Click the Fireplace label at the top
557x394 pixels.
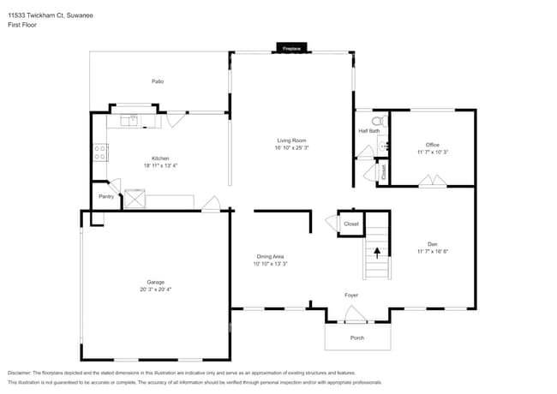click(291, 49)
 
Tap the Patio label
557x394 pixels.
click(158, 81)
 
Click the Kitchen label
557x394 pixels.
click(160, 158)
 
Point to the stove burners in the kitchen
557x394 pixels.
click(100, 153)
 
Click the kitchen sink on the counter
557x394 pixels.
click(131, 121)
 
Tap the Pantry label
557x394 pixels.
click(106, 197)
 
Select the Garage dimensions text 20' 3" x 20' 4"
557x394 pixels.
click(155, 290)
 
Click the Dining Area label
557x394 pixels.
click(270, 256)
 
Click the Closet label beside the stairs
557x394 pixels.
click(351, 224)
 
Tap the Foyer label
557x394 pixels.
click(351, 295)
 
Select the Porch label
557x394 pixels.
click(357, 337)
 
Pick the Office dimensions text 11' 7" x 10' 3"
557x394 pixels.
click(433, 152)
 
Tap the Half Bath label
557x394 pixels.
click(368, 131)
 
